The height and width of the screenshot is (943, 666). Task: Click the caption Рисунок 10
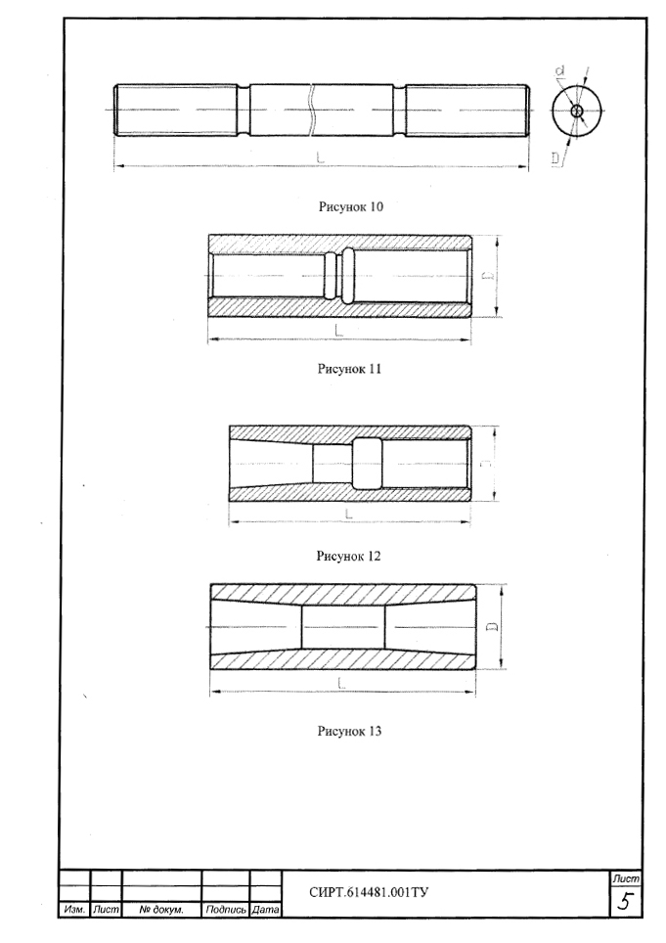coord(350,206)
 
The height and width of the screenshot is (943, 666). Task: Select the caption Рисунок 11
coord(349,369)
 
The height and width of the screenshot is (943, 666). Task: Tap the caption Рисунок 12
coord(348,556)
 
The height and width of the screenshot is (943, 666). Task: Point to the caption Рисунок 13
coord(349,732)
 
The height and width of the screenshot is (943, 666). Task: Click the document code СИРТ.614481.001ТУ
coord(369,892)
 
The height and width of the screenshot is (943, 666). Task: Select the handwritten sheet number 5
coord(626,902)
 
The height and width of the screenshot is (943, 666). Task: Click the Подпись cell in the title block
coord(225,910)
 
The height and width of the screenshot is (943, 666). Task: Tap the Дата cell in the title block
coord(265,910)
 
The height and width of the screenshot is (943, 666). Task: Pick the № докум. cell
coord(161,910)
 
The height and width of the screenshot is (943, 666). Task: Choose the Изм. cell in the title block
coord(74,910)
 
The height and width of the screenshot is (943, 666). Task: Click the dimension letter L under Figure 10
coord(321,157)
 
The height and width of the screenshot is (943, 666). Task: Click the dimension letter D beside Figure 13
coord(492,626)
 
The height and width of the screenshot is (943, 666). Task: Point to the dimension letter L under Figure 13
coord(341,683)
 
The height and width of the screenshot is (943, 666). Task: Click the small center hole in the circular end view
coord(577,111)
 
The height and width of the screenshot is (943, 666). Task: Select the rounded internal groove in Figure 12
coord(367,463)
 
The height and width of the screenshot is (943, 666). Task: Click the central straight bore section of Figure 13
coord(342,627)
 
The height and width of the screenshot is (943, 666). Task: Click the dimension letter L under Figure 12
coord(348,514)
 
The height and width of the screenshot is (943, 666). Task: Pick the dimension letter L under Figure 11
coord(338,330)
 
